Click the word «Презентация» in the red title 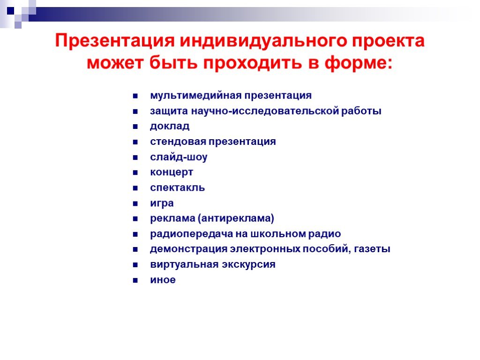pos(115,41)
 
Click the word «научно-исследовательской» pos(265,111)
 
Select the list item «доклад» pos(170,127)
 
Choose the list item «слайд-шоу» pos(179,157)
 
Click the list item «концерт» pos(172,172)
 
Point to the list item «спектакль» pos(177,187)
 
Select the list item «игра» pos(162,203)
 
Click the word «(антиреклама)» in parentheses pos(236,218)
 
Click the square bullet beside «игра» pos(135,203)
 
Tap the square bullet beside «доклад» pos(135,127)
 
